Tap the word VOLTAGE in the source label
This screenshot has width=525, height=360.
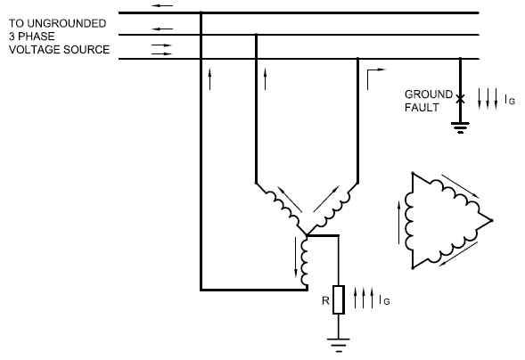point(32,50)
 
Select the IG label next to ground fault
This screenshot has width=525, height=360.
point(509,101)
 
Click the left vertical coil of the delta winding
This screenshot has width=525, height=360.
point(411,219)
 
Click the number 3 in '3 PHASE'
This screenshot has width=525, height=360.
point(12,36)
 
